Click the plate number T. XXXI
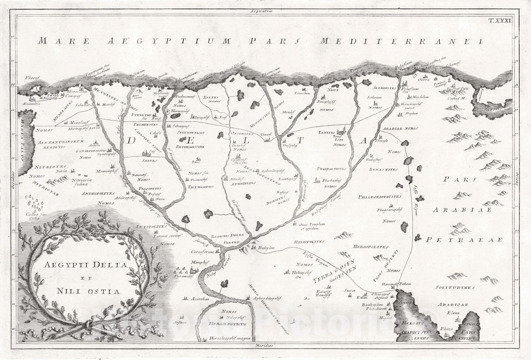[x=500, y=20]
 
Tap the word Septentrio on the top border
[x=262, y=11]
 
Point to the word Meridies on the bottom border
[x=264, y=345]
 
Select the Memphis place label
[x=201, y=262]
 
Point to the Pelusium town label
[x=410, y=89]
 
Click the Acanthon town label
[x=200, y=299]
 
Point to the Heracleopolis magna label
[x=229, y=339]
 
